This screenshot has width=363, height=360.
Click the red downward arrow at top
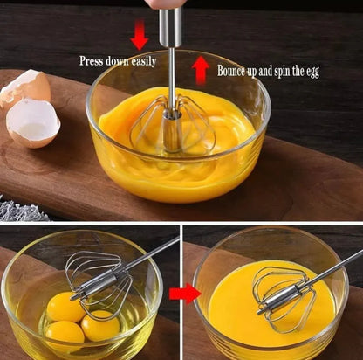(139, 35)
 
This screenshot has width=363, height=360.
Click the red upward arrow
(200, 69)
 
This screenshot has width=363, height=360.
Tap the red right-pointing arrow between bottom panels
(184, 293)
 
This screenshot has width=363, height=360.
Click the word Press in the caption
(93, 61)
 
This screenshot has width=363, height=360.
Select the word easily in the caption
(142, 62)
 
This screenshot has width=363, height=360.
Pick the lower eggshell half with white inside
(32, 122)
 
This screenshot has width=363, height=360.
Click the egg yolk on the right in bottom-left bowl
(100, 325)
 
